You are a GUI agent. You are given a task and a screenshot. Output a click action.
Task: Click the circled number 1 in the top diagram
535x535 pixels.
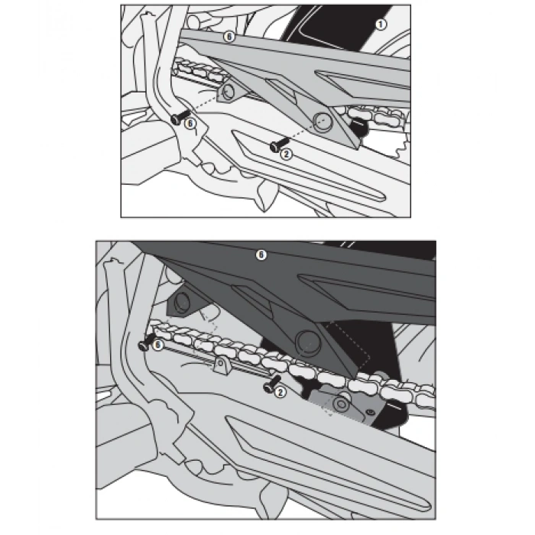[381, 24]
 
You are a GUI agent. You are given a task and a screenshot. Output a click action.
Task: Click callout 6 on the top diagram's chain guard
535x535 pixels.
[229, 37]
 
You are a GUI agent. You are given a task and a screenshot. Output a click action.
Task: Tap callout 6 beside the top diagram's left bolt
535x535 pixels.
[190, 123]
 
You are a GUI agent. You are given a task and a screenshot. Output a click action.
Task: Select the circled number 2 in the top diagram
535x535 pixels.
[287, 154]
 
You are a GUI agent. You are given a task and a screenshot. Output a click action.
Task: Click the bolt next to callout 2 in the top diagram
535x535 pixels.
[279, 144]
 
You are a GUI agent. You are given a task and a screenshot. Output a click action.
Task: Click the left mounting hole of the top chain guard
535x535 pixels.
[228, 92]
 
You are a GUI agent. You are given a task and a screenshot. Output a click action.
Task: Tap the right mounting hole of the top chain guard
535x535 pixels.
[323, 122]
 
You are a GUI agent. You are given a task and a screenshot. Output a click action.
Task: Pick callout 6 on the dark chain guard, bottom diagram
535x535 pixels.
[261, 255]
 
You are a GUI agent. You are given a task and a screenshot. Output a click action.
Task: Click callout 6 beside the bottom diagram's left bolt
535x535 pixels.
[157, 345]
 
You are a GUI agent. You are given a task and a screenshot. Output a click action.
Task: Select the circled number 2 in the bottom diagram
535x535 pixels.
[280, 392]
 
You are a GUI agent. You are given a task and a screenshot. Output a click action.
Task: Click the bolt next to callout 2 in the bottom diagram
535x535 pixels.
[272, 384]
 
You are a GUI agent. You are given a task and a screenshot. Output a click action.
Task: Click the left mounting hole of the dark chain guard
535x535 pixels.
[182, 302]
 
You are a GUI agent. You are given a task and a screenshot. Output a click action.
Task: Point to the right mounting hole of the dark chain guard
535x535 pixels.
[306, 341]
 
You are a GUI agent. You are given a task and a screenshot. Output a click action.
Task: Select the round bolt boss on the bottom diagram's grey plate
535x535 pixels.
[341, 404]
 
